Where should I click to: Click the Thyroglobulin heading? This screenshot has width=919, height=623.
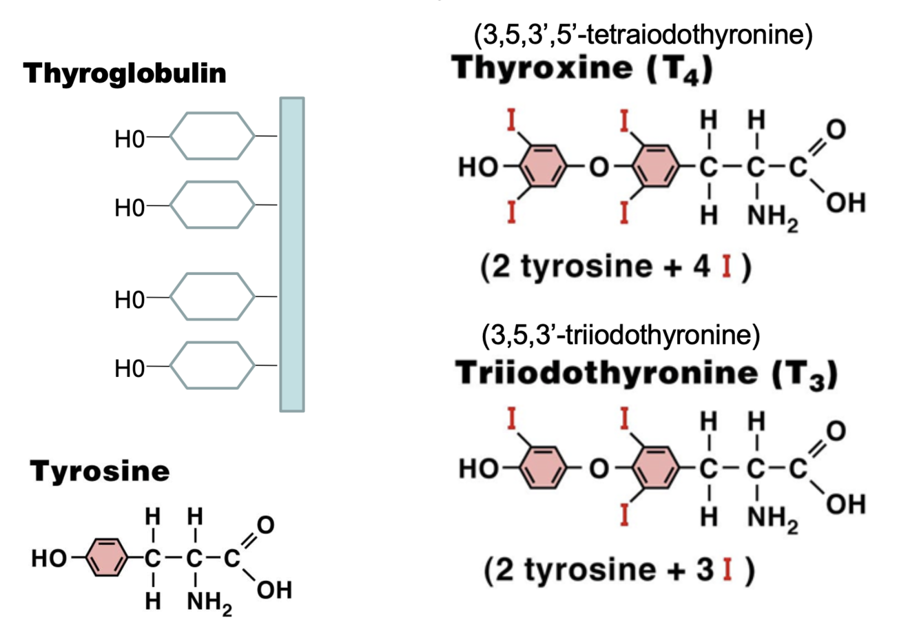pyautogui.click(x=125, y=73)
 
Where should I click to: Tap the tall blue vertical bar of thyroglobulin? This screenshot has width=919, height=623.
pyautogui.click(x=291, y=255)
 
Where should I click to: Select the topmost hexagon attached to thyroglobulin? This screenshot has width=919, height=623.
pyautogui.click(x=212, y=136)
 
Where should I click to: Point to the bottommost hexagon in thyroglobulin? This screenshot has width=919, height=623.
pyautogui.click(x=212, y=365)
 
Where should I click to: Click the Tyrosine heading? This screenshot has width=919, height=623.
pyautogui.click(x=100, y=471)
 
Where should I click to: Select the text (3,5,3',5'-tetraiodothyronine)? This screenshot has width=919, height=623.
pyautogui.click(x=643, y=34)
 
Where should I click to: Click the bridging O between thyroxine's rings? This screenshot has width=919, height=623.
pyautogui.click(x=600, y=166)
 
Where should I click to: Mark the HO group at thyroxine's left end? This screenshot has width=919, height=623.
pyautogui.click(x=477, y=167)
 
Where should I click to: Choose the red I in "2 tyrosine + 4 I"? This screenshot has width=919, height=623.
pyautogui.click(x=726, y=267)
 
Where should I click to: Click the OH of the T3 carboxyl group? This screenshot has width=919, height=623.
pyautogui.click(x=846, y=505)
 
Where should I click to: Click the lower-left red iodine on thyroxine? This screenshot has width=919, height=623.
pyautogui.click(x=511, y=211)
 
